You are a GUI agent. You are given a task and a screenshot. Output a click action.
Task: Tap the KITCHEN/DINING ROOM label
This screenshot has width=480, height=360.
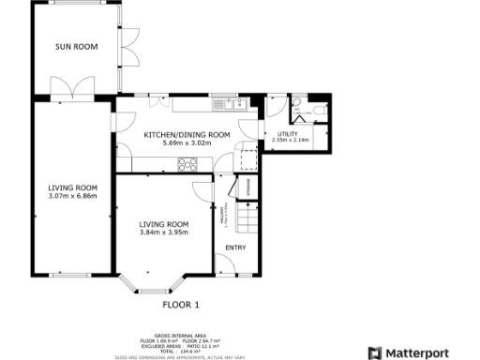tap(187, 135)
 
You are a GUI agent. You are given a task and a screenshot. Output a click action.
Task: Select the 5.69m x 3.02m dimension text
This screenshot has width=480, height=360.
tap(187, 143)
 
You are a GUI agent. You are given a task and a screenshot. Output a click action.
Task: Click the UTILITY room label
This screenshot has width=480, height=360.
tap(287, 134)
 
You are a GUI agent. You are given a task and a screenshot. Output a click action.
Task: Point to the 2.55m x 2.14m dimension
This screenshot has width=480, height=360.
tap(287, 142)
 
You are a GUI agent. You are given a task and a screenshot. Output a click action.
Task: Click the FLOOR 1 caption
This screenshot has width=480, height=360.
tap(182, 305)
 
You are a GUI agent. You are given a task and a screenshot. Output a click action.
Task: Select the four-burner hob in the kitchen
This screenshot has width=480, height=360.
tap(187, 166)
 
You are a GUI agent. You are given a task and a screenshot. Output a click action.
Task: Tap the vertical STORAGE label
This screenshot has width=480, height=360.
tap(248, 187)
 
